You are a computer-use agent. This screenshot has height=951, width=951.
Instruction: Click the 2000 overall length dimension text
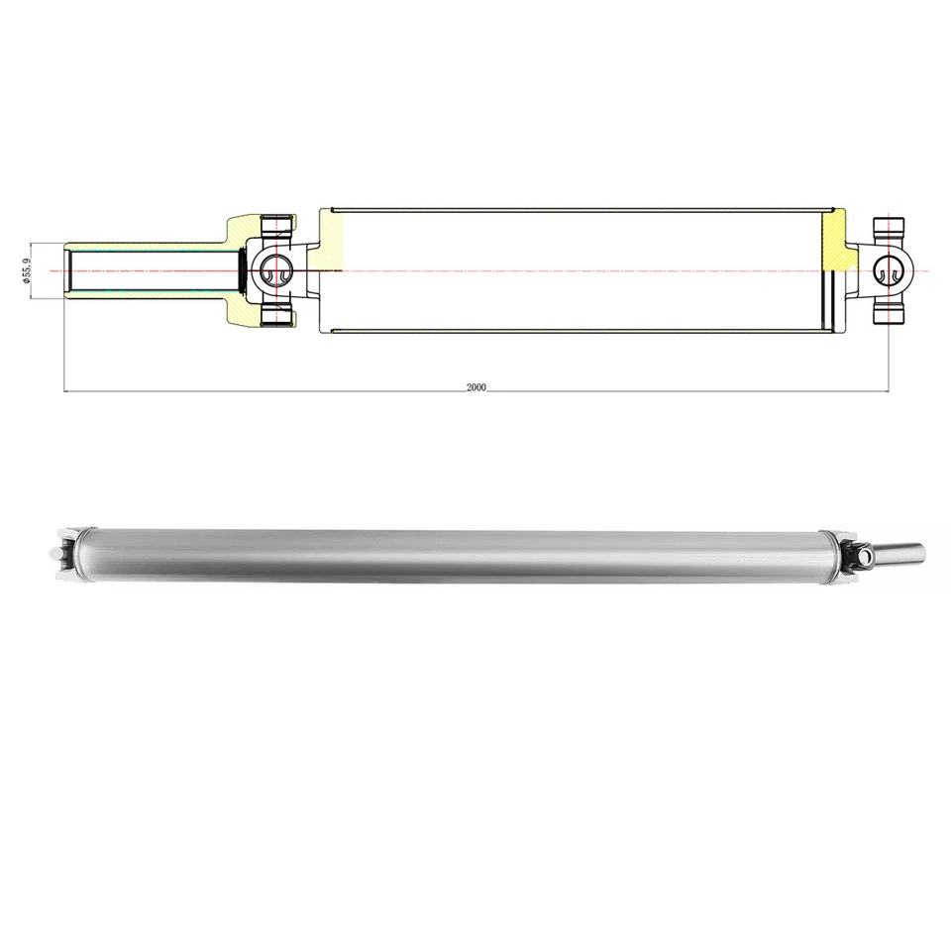pyautogui.click(x=475, y=387)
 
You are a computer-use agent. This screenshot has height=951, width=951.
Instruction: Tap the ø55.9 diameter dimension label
pyautogui.click(x=27, y=269)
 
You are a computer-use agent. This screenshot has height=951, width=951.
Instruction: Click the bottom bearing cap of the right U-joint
pyautogui.click(x=890, y=316)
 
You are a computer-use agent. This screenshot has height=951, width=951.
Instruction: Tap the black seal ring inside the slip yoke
pyautogui.click(x=244, y=269)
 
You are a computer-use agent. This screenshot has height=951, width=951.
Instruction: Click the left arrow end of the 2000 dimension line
pyautogui.click(x=65, y=392)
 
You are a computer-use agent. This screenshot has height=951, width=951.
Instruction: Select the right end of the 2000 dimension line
pyautogui.click(x=889, y=392)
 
